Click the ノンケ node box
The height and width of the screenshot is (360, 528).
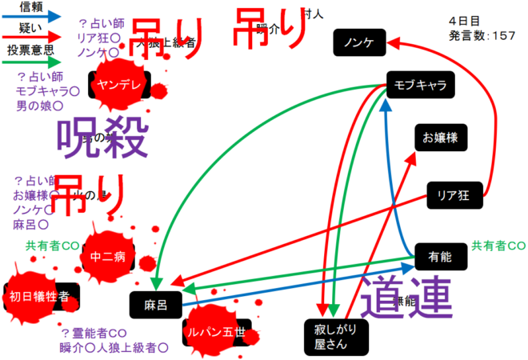tap(359, 43)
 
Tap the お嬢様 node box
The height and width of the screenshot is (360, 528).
tap(439, 137)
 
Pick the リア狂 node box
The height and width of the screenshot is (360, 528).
tap(452, 193)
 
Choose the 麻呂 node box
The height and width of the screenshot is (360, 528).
tap(154, 304)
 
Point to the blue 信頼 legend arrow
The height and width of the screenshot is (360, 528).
tap(32, 16)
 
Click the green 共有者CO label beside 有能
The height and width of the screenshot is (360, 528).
tap(498, 245)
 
